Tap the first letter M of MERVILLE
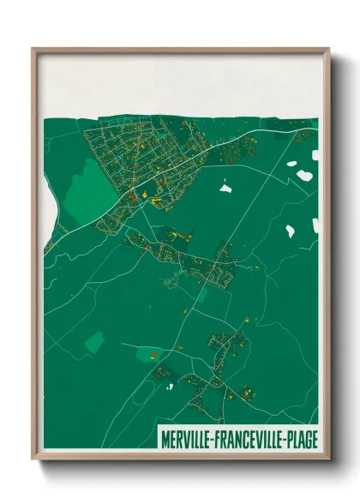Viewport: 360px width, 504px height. pos(165,440)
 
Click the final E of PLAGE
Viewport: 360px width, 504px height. pos(315,440)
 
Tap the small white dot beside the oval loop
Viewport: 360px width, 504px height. pos(170,387)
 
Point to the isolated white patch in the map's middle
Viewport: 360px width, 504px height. pos(225,186)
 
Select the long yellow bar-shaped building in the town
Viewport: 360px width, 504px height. pos(156,197)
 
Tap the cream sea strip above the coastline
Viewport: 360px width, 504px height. pos(180,86)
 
